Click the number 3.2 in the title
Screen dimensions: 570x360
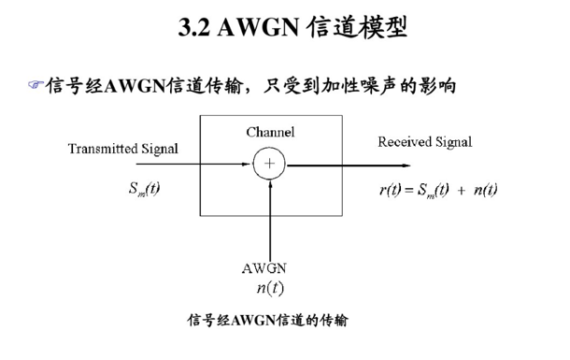(x=193, y=27)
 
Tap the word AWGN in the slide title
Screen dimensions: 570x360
(x=258, y=27)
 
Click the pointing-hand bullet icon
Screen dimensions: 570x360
(x=36, y=85)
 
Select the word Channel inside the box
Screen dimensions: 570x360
(x=270, y=132)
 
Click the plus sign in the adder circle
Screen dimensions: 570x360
(x=269, y=164)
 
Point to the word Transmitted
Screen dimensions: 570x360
(x=103, y=149)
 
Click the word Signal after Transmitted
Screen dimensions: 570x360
(x=160, y=149)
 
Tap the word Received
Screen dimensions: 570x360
(x=405, y=142)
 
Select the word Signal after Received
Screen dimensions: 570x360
(x=454, y=142)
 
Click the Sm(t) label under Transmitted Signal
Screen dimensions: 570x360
(x=144, y=189)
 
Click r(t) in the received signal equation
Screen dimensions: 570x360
(x=390, y=190)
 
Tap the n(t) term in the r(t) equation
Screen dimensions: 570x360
(x=485, y=190)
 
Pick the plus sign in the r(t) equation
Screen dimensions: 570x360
(x=461, y=190)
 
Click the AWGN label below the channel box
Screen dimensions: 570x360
(x=264, y=268)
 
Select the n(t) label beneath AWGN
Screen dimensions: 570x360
(x=270, y=288)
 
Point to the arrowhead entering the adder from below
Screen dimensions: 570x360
(x=270, y=183)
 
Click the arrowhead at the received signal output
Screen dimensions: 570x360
(x=406, y=166)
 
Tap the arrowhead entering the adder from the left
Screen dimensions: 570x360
(x=249, y=164)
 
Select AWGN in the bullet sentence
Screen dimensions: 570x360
(x=135, y=87)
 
